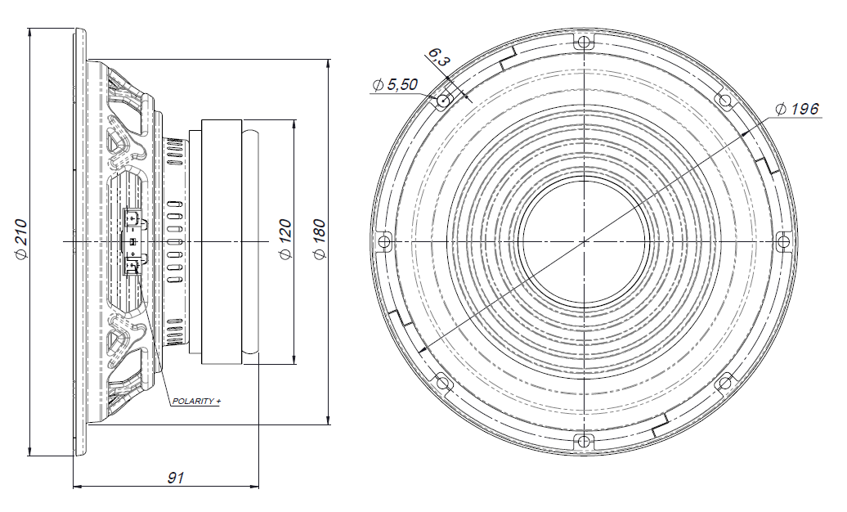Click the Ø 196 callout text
coord(796,109)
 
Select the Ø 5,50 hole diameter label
coord(396,85)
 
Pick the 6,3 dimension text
coord(438,58)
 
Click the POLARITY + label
coord(196,402)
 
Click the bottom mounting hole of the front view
coord(583,442)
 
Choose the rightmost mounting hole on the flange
coord(782,241)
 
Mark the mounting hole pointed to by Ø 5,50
coord(442,101)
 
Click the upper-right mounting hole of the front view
coord(724,101)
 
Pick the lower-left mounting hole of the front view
coord(442,383)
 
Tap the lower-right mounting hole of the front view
coord(724,383)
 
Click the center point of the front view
coord(583,241)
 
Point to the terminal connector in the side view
coord(132,241)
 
